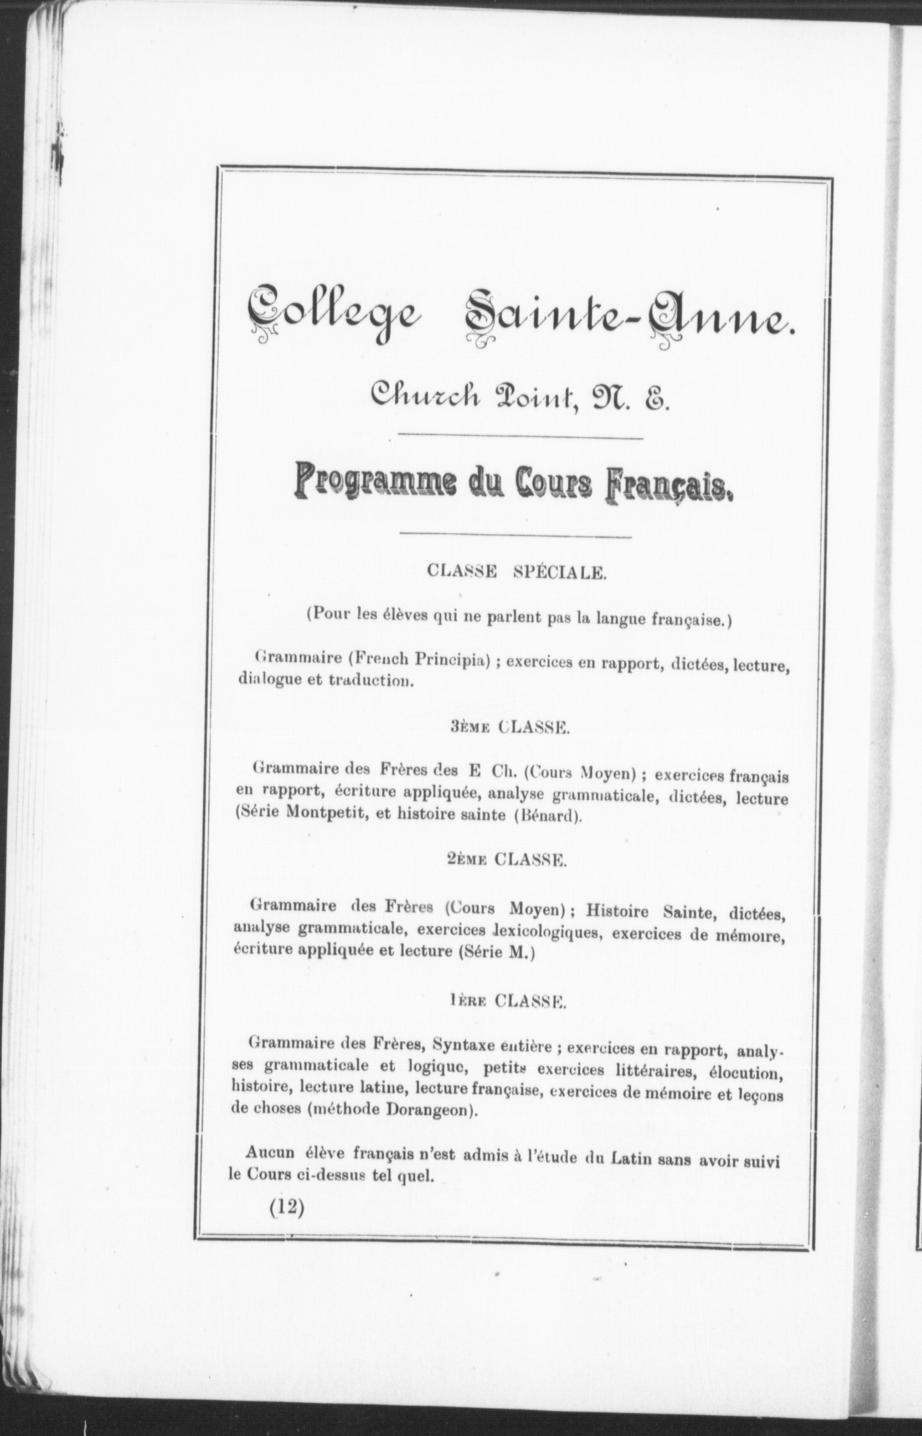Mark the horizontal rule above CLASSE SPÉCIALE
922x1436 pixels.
click(x=514, y=537)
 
